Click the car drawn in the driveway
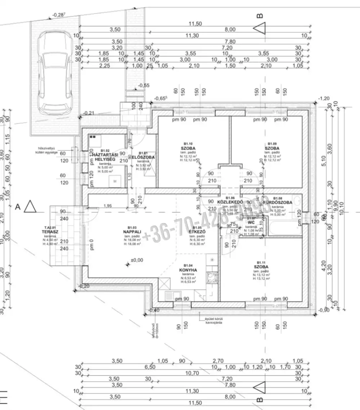coord(55,72)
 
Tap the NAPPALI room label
coord(129,232)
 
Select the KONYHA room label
coord(187,269)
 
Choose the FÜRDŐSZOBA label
coord(277,202)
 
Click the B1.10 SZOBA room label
coord(188,148)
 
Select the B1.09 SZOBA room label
coord(272,148)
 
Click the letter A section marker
coord(17,207)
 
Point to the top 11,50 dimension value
coord(196,24)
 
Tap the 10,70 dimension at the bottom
coord(193,373)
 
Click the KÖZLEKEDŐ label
coord(230,202)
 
